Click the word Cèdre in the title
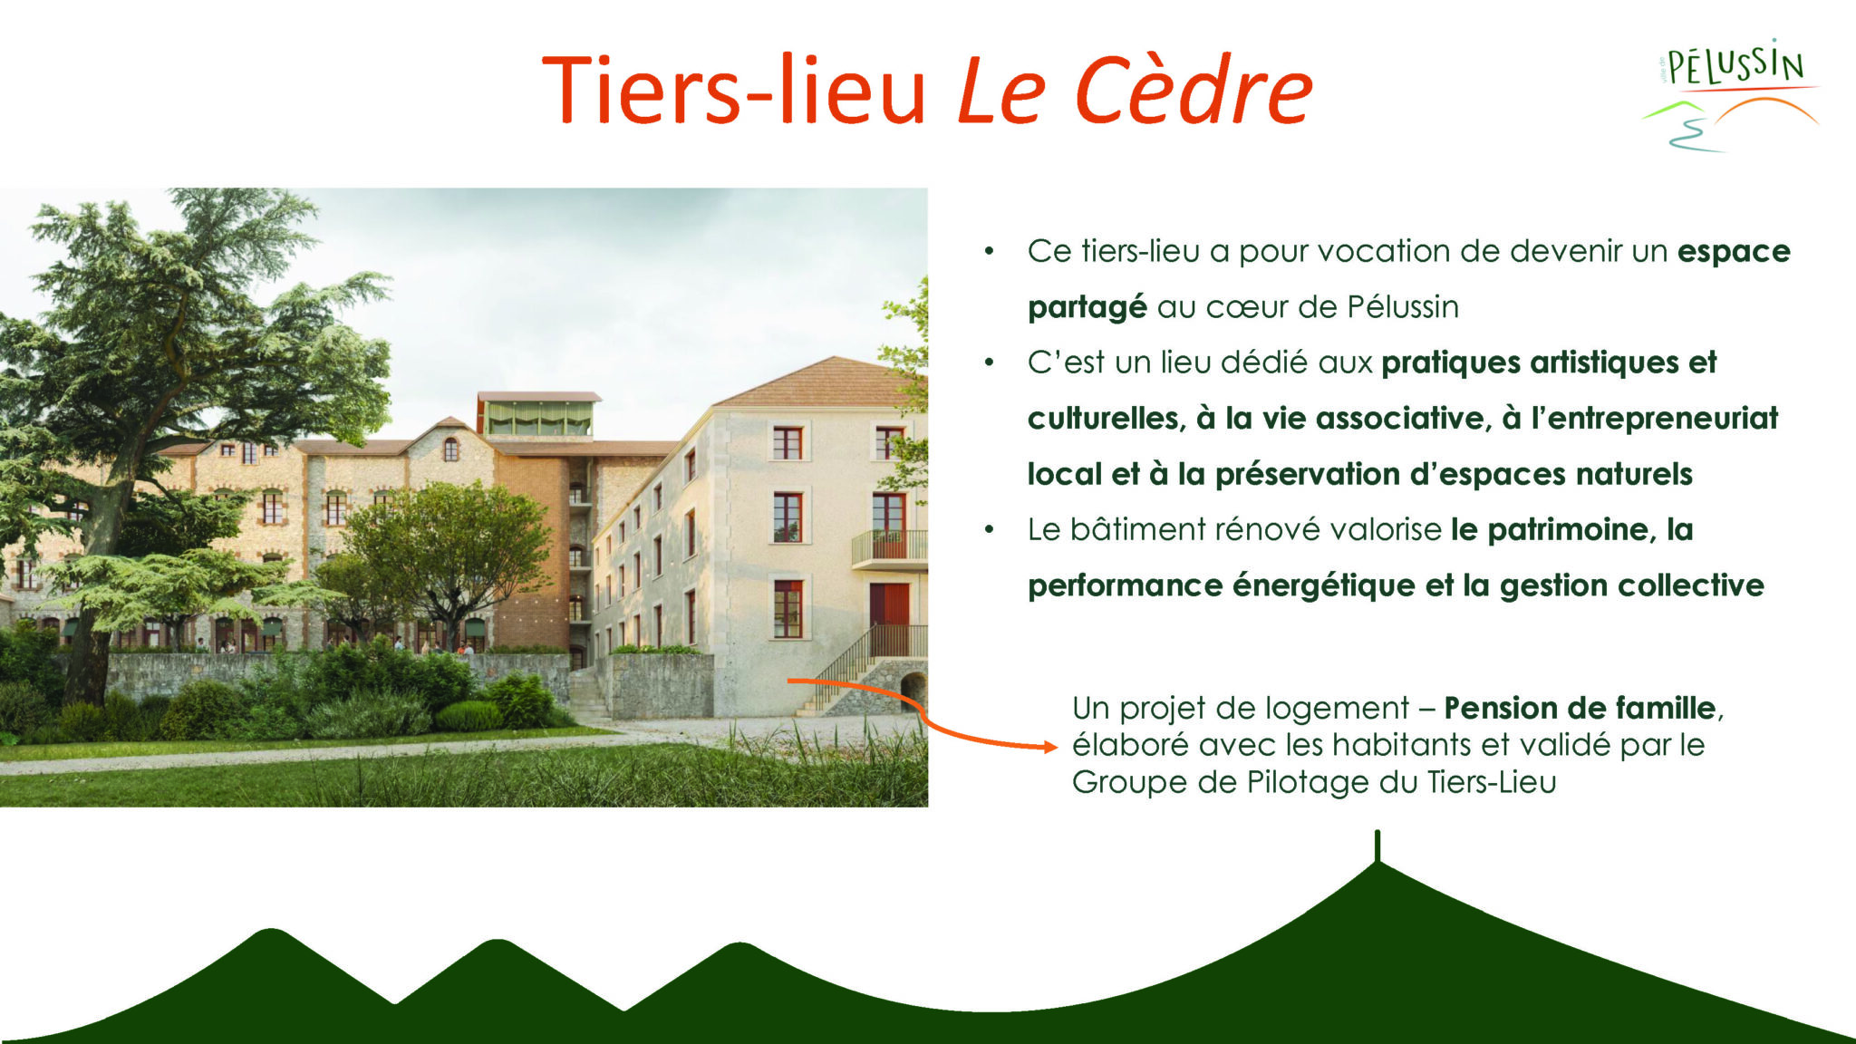click(x=1194, y=91)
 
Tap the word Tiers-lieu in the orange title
click(x=734, y=91)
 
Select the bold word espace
click(x=1734, y=252)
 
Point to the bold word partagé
click(x=1087, y=308)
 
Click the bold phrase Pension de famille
click(x=1580, y=708)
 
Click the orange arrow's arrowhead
click(x=1051, y=747)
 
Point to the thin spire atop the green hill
click(x=1377, y=845)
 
